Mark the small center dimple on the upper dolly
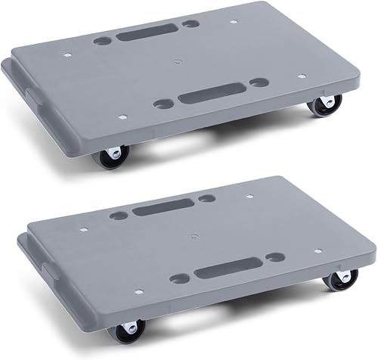178,61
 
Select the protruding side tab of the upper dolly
32,95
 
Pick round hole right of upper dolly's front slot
259,82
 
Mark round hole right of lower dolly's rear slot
205,198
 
